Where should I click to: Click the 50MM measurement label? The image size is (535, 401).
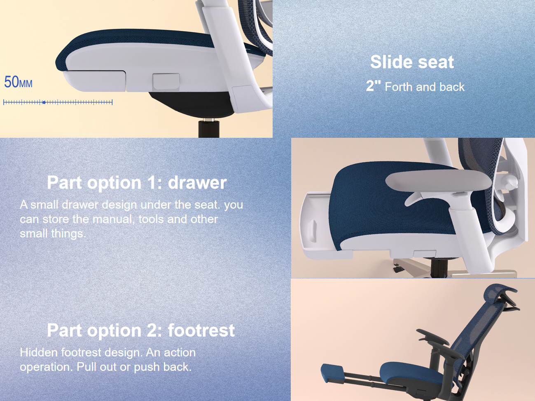pyautogui.click(x=18, y=82)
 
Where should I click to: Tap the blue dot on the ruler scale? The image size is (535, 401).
pyautogui.click(x=44, y=102)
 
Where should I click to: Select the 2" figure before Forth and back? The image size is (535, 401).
pyautogui.click(x=373, y=86)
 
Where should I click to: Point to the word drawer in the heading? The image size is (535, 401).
pyautogui.click(x=197, y=183)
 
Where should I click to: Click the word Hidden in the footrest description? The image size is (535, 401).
pyautogui.click(x=39, y=352)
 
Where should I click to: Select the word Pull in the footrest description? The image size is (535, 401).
pyautogui.click(x=86, y=367)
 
